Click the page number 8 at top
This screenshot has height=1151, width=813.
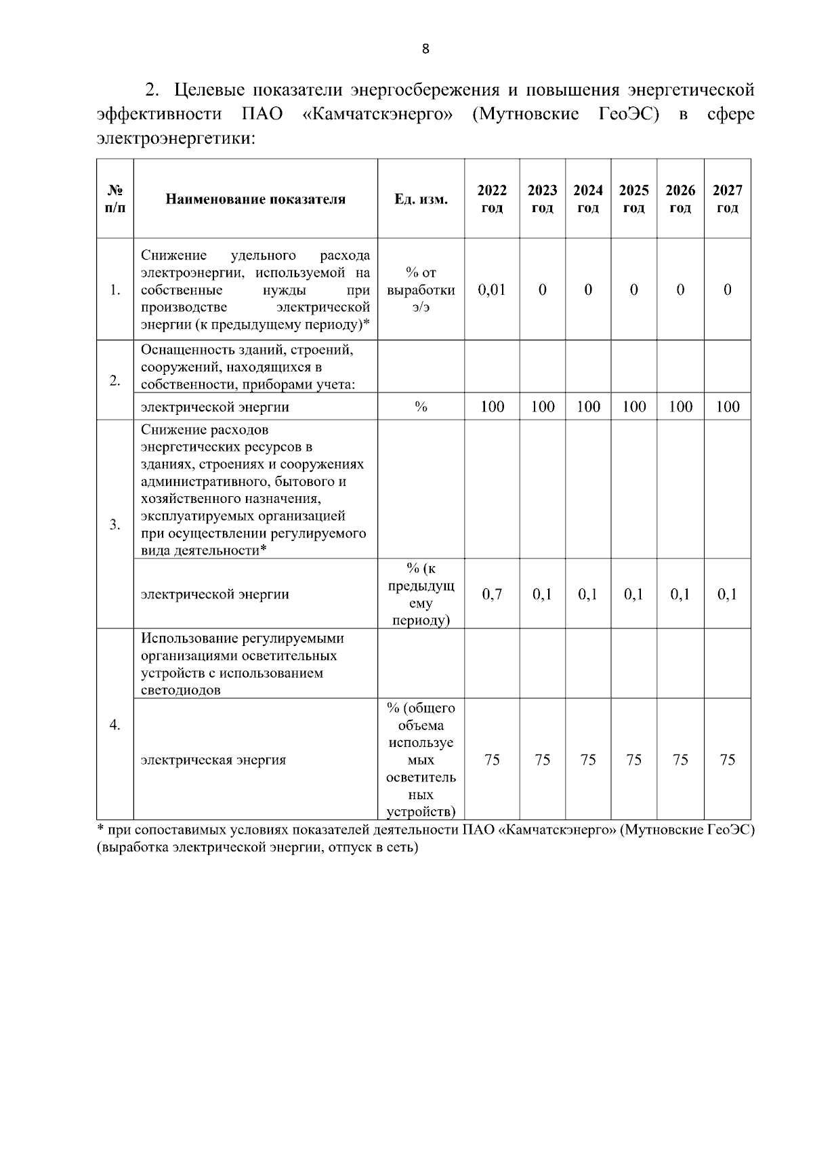tap(425, 49)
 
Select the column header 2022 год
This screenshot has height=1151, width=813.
tap(492, 199)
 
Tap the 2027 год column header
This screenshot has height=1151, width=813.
tap(727, 199)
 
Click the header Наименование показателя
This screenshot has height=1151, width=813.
tap(255, 199)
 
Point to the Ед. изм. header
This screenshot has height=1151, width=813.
tap(421, 199)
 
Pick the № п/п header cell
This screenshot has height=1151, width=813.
tap(115, 199)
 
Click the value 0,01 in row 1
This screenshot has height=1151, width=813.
tap(492, 290)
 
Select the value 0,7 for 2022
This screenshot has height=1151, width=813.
tap(492, 594)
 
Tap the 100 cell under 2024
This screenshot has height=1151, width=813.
tap(588, 407)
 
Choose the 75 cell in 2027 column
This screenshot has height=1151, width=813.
tap(727, 760)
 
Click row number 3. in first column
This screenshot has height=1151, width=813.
tap(115, 525)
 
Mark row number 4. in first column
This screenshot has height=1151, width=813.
tap(115, 725)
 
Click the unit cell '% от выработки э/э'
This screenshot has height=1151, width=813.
tap(421, 290)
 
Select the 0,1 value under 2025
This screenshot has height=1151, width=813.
tap(633, 594)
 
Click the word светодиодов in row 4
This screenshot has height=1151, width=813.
tap(180, 691)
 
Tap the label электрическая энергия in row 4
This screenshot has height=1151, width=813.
tap(213, 760)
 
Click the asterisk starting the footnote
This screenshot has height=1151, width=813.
tap(100, 829)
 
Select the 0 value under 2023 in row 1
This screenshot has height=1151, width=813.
tap(543, 290)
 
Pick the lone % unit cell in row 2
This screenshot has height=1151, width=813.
tap(421, 407)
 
